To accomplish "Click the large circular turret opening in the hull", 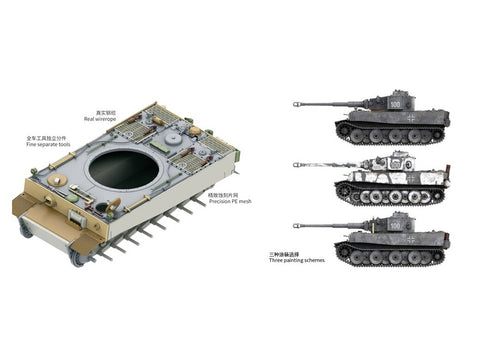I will click(123, 170).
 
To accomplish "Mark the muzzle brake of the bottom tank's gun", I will click(296, 225).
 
